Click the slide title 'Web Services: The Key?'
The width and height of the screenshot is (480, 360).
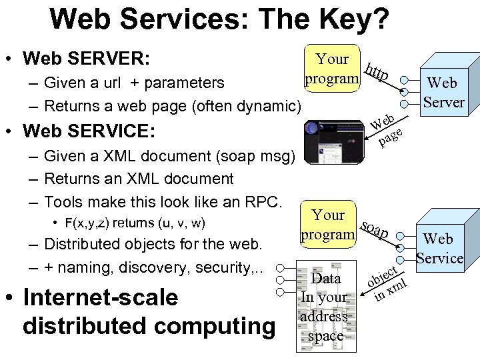[219, 19]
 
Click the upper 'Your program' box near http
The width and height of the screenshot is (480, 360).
[332, 69]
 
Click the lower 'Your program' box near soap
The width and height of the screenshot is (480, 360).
[327, 225]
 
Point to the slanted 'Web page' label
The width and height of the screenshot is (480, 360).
[387, 129]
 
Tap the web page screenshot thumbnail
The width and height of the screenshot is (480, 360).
[332, 139]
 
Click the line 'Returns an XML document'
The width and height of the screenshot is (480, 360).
[138, 179]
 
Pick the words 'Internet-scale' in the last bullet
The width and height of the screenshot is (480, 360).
[100, 297]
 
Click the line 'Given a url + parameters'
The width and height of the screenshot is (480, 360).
[133, 83]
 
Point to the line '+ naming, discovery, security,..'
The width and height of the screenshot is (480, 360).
[153, 267]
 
